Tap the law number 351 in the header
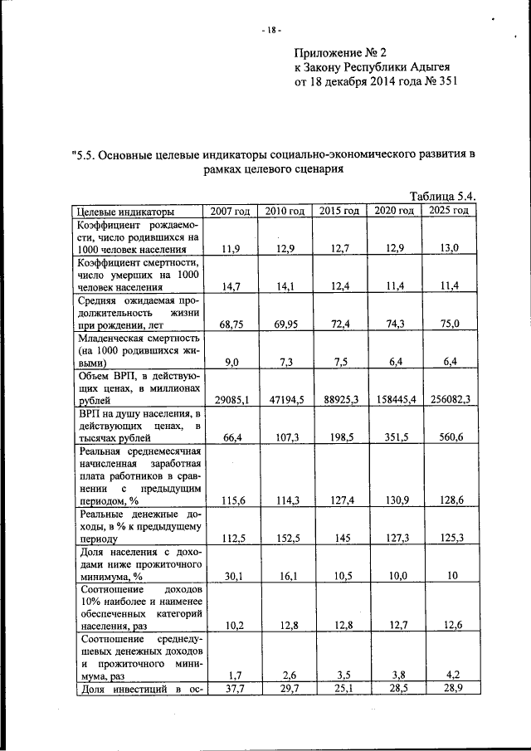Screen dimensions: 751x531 click(x=444, y=83)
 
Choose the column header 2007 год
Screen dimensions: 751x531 click(x=230, y=211)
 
